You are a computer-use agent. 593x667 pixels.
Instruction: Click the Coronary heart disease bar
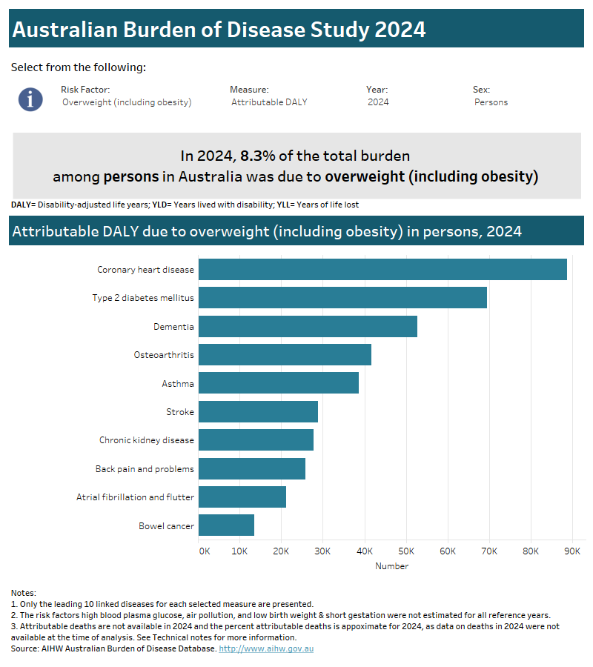click(x=382, y=270)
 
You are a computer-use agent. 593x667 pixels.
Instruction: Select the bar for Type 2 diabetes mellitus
click(x=342, y=298)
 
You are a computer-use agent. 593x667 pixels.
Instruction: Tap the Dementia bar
click(x=308, y=326)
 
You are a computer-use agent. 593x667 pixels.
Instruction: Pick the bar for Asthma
click(x=279, y=383)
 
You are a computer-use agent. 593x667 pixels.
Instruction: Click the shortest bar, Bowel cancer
click(x=226, y=525)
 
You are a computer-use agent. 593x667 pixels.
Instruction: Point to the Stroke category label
click(x=180, y=412)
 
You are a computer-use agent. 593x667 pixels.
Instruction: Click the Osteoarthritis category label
click(x=164, y=355)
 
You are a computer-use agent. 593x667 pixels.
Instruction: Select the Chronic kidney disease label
click(x=147, y=440)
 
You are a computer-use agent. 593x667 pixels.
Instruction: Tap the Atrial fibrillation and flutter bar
click(x=242, y=497)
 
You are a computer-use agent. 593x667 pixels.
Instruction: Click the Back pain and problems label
click(x=145, y=469)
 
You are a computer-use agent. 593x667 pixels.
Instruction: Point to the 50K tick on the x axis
click(x=406, y=551)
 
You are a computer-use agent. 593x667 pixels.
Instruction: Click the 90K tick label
click(x=572, y=551)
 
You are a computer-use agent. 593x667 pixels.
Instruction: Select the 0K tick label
click(x=205, y=551)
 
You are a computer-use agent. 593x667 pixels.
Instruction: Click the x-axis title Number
click(x=391, y=566)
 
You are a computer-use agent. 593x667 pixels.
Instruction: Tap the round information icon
click(x=30, y=99)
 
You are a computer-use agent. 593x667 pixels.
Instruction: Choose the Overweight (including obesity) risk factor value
click(x=127, y=102)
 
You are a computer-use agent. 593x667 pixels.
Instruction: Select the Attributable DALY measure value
click(x=269, y=102)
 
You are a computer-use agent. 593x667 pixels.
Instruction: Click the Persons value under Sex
click(x=491, y=102)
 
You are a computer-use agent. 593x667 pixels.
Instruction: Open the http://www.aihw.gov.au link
click(x=271, y=648)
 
